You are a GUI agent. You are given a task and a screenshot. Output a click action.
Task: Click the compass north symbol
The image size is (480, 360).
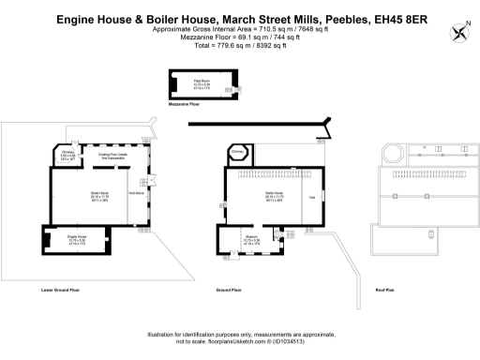click(459, 34)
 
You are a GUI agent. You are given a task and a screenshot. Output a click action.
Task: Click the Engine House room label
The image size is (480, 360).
click(76, 238)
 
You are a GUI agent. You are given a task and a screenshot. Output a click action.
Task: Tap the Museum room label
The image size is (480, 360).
click(251, 238)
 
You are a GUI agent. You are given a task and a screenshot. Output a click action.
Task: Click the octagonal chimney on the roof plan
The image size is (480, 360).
click(392, 153)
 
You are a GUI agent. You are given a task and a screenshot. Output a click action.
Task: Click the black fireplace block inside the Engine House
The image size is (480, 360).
click(47, 241)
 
